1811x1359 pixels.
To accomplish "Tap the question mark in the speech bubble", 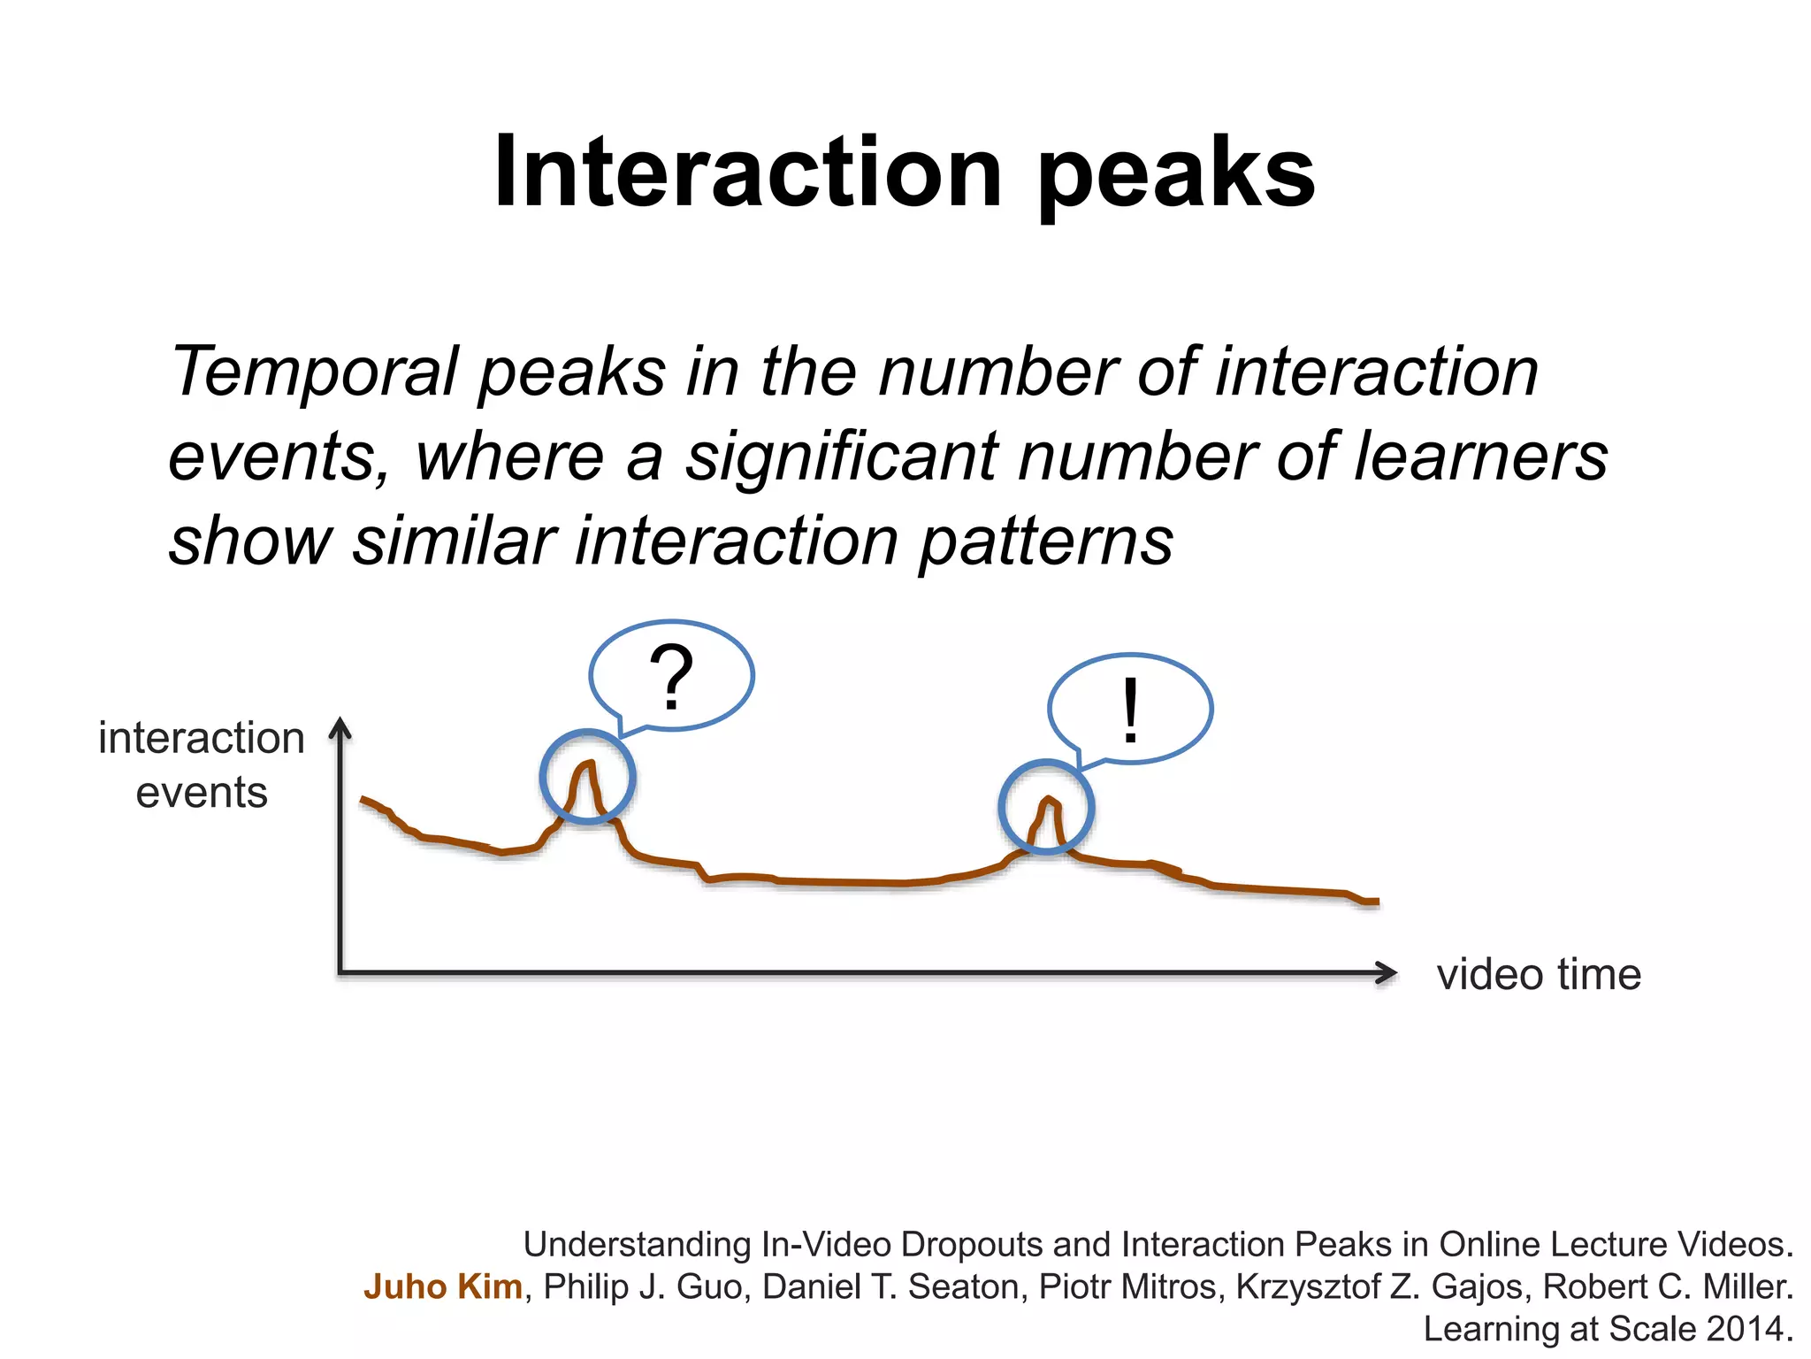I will pyautogui.click(x=671, y=677).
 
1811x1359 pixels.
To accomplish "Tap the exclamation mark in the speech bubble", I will pyautogui.click(x=1130, y=711).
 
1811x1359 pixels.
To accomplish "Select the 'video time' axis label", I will pyautogui.click(x=1539, y=974).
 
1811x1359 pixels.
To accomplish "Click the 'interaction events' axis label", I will pyautogui.click(x=202, y=764).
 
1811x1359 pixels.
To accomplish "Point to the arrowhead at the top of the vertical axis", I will pyautogui.click(x=340, y=727).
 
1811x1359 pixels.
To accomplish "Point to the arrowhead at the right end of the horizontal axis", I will pyautogui.click(x=1388, y=973).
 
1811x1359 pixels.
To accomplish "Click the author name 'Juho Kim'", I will pyautogui.click(x=443, y=1286).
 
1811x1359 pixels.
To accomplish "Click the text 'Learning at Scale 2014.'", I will pyautogui.click(x=1608, y=1329).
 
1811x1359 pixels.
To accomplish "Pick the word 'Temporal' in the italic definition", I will pyautogui.click(x=315, y=372).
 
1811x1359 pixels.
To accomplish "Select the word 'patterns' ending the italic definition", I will pyautogui.click(x=1046, y=541).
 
